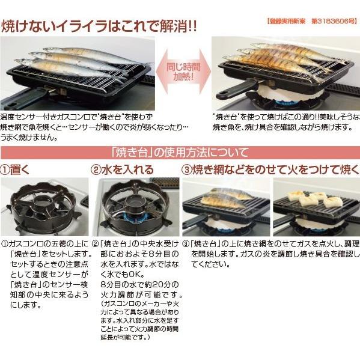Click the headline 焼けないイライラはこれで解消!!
[x=99, y=27]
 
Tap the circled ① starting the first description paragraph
[x=5, y=245]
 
